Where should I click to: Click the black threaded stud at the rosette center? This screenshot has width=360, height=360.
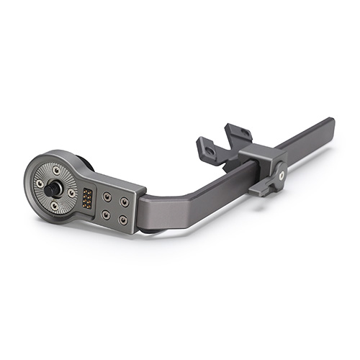[x=55, y=189]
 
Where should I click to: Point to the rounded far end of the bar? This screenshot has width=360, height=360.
[x=330, y=124]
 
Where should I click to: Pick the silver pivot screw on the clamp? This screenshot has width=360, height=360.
[x=282, y=173]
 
